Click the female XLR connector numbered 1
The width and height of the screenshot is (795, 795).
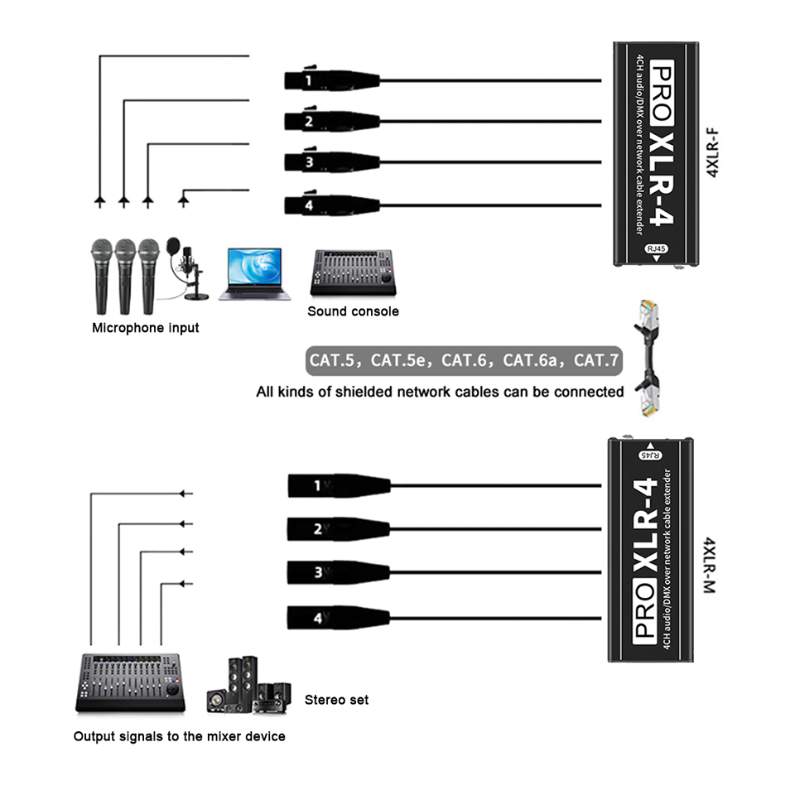click(x=331, y=79)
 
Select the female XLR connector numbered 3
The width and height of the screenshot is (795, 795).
click(x=331, y=161)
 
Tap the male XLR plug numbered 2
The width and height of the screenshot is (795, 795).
click(x=339, y=529)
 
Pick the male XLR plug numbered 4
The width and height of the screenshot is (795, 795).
click(x=339, y=618)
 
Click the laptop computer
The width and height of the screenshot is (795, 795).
click(x=254, y=274)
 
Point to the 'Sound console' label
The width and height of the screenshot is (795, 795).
click(x=353, y=311)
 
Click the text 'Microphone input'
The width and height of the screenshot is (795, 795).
click(x=146, y=328)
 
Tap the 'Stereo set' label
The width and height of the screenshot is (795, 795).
click(x=337, y=700)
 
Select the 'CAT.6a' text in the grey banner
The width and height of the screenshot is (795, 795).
click(x=530, y=360)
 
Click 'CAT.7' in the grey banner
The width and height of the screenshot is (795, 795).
click(x=595, y=360)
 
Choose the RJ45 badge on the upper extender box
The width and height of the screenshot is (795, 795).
click(x=656, y=248)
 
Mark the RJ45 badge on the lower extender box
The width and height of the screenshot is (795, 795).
click(x=651, y=455)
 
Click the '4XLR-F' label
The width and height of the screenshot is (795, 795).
click(x=712, y=152)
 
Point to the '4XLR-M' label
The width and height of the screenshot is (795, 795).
click(x=710, y=566)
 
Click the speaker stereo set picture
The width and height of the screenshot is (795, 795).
click(x=248, y=686)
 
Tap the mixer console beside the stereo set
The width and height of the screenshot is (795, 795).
click(x=130, y=683)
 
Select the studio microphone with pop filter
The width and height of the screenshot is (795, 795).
click(x=186, y=268)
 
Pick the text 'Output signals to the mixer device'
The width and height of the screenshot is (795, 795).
click(x=180, y=736)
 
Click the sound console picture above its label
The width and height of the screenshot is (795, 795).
click(x=353, y=272)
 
